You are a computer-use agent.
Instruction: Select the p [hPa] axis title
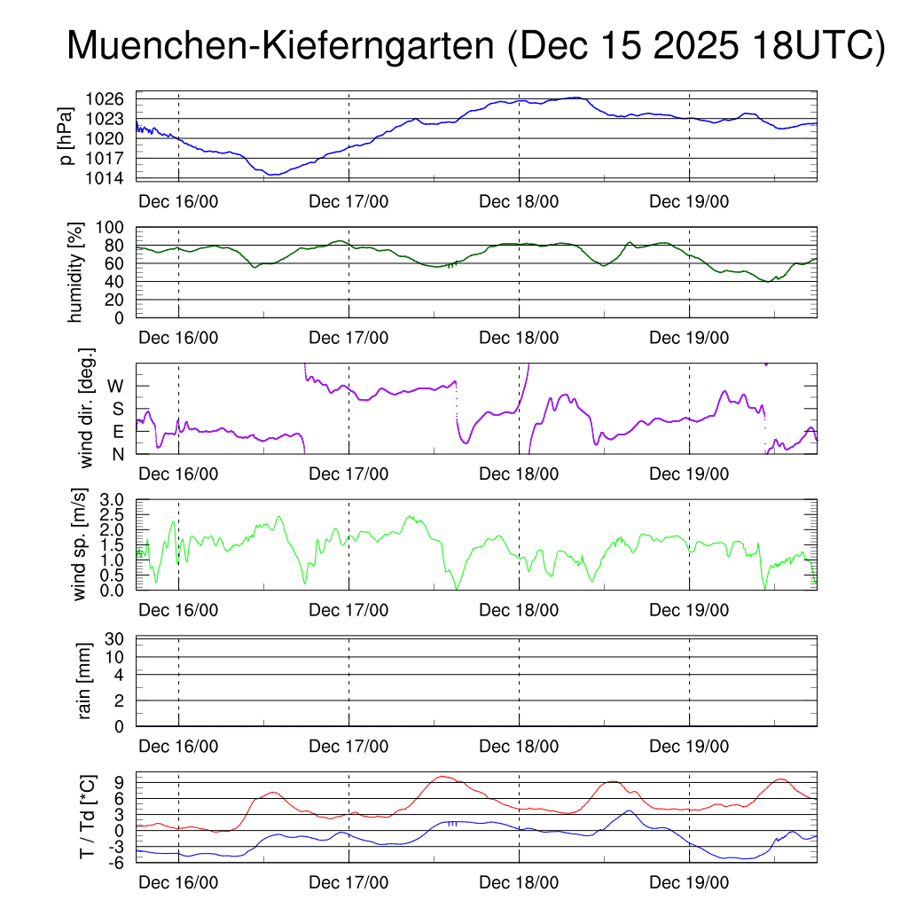click(x=65, y=137)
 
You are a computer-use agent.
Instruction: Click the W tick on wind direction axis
click(x=116, y=386)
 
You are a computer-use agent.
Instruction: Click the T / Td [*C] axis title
click(x=87, y=816)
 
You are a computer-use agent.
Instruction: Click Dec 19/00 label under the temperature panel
click(x=689, y=883)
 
